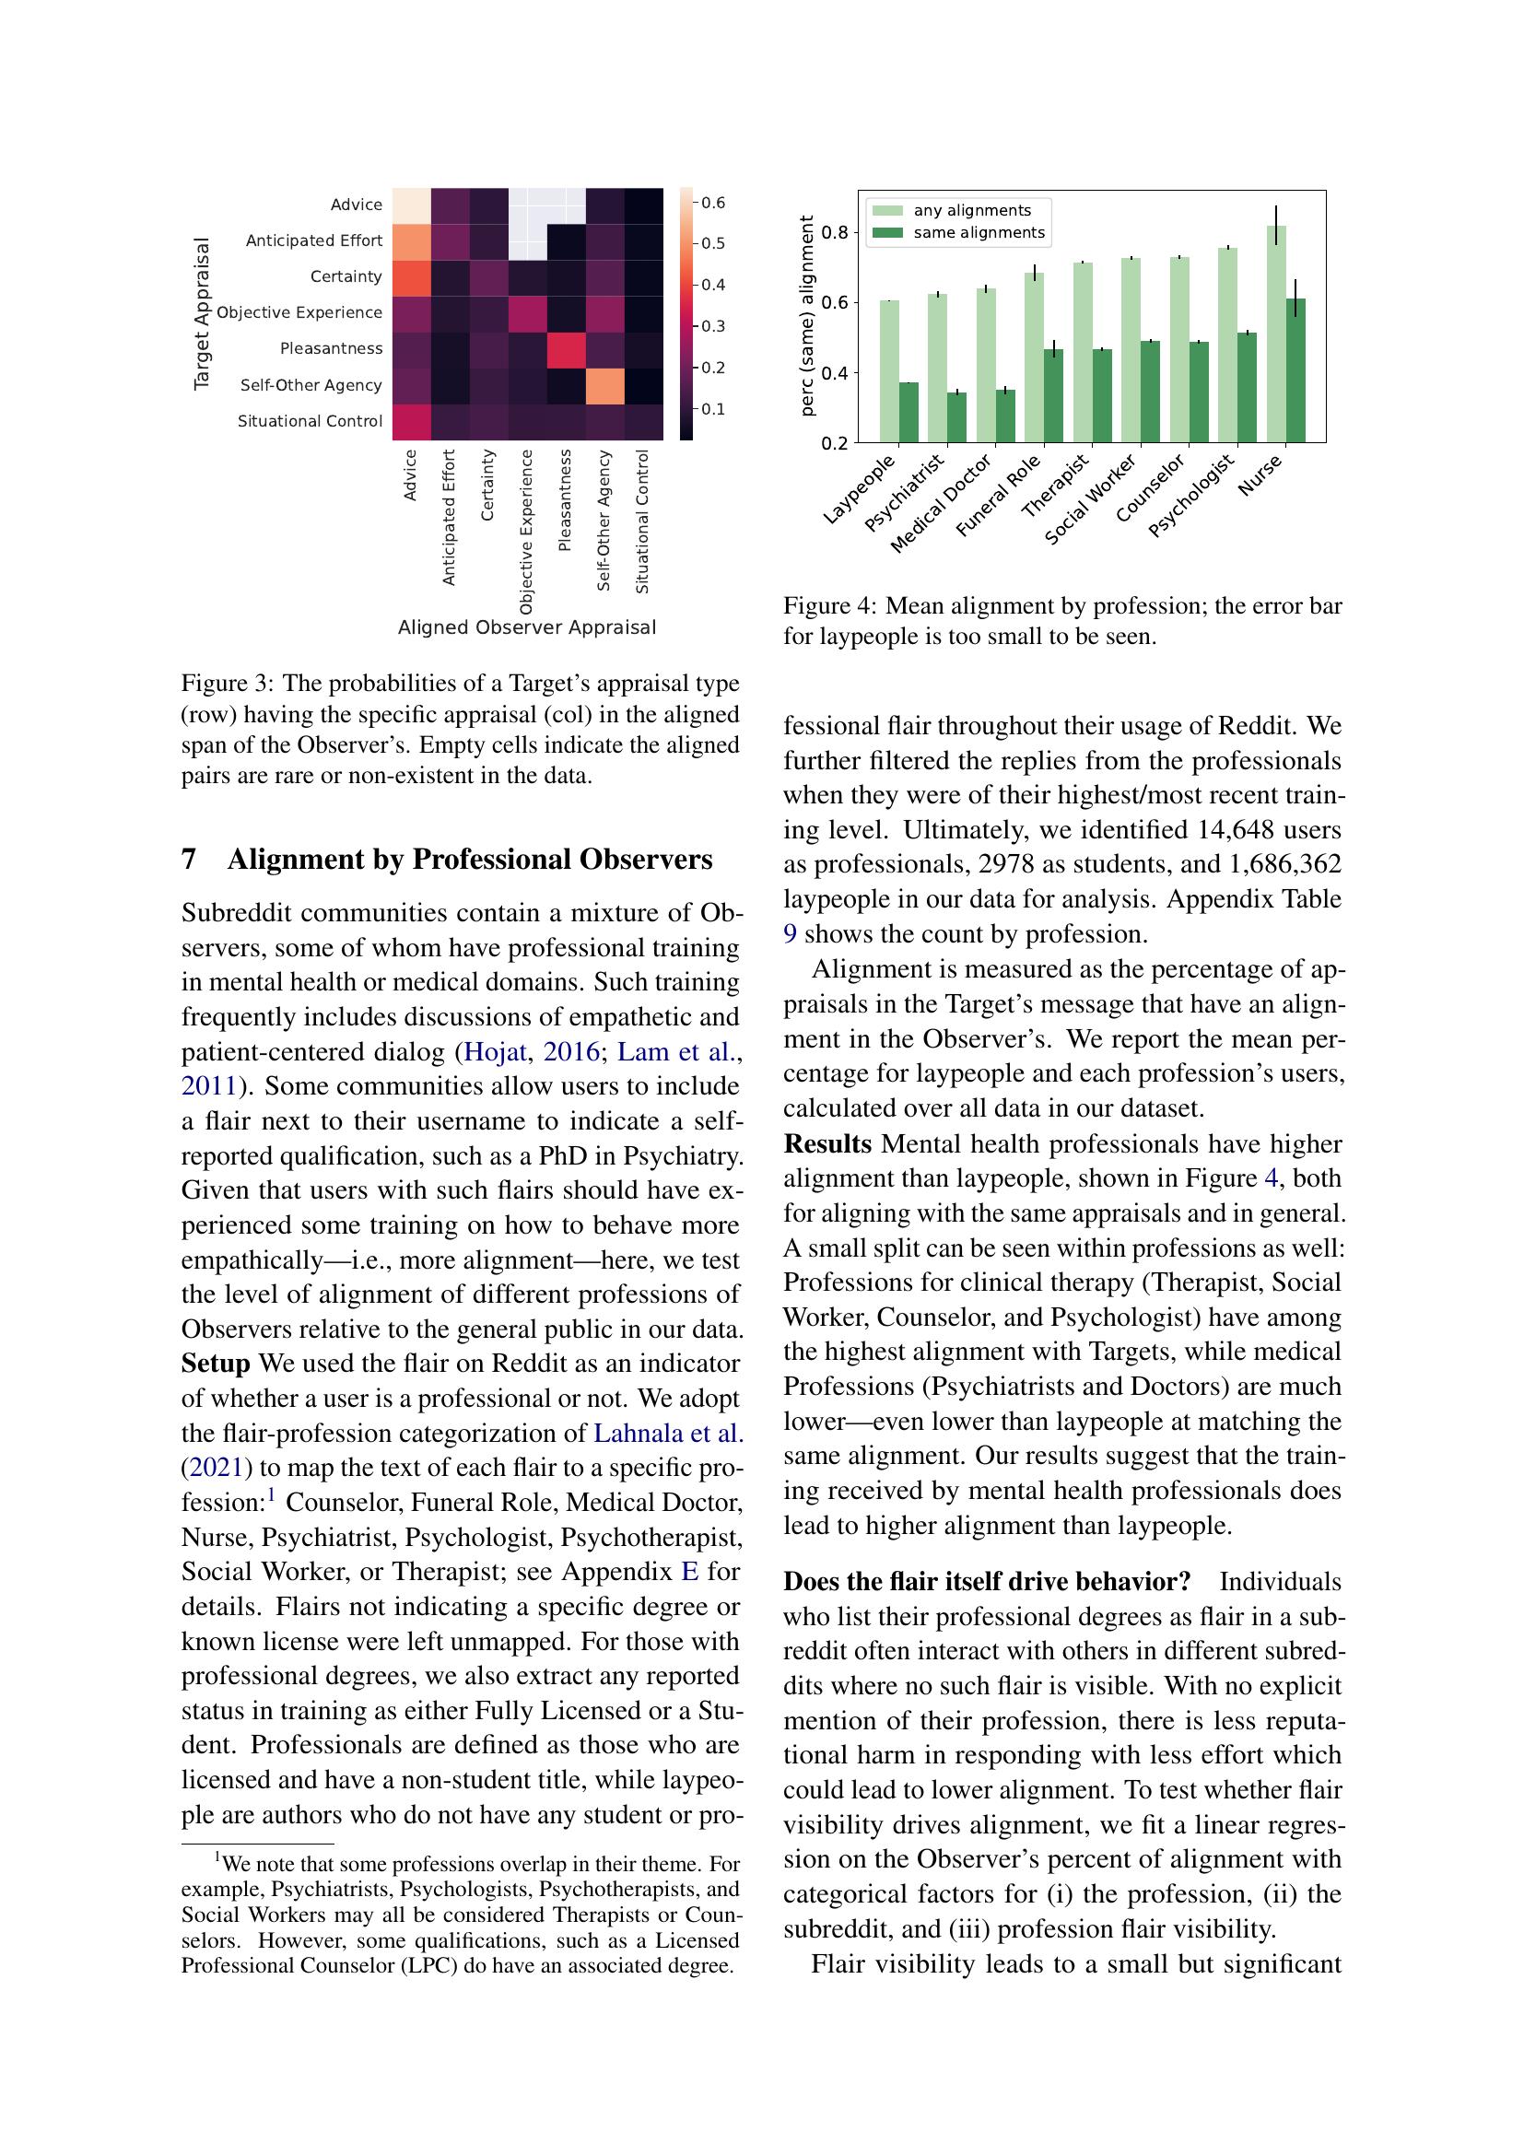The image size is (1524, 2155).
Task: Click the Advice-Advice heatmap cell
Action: [x=411, y=205]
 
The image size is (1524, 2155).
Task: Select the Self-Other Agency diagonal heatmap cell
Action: [x=604, y=386]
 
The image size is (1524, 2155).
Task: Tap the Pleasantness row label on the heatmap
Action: [x=332, y=348]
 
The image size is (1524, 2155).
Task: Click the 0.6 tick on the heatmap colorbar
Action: [x=712, y=203]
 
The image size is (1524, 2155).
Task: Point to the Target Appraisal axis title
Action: [x=201, y=313]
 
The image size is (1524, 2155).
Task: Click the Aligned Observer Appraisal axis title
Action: [x=526, y=627]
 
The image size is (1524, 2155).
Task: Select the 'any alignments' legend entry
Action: [x=971, y=210]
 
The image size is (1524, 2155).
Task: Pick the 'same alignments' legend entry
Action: [x=978, y=233]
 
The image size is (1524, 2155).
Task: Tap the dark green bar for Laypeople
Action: [x=909, y=412]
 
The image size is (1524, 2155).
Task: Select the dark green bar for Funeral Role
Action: [x=1053, y=395]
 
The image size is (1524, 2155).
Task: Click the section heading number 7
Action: [x=189, y=860]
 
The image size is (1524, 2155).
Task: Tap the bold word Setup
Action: [x=215, y=1364]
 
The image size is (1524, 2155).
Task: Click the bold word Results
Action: [x=826, y=1144]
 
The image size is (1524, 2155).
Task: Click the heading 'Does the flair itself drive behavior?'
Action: [x=986, y=1582]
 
